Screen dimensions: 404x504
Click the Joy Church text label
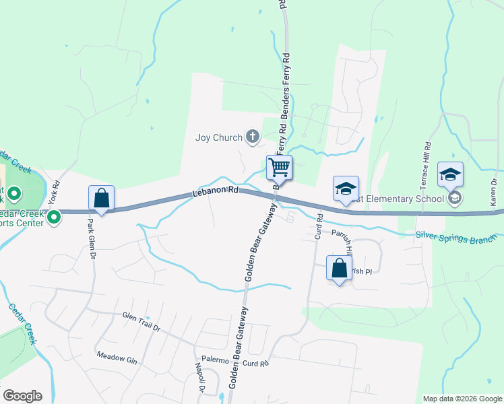[x=218, y=138]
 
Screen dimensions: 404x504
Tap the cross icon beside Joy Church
[x=252, y=137]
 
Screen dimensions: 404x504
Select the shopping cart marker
[x=279, y=167]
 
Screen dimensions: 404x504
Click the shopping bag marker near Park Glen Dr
[x=101, y=199]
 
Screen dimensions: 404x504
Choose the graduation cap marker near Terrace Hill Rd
[x=450, y=174]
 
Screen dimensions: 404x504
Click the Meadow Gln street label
[x=117, y=356]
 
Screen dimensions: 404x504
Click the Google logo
[x=22, y=396]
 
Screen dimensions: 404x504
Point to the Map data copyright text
[x=461, y=399]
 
